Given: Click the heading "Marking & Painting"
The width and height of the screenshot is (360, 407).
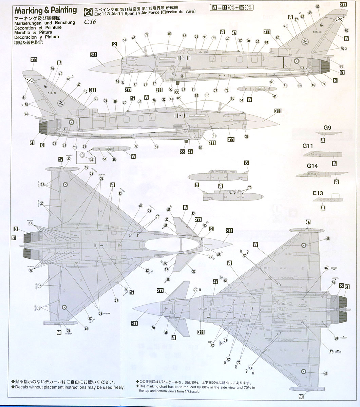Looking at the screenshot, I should [x=45, y=11].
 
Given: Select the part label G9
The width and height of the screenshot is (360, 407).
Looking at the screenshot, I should [x=327, y=128].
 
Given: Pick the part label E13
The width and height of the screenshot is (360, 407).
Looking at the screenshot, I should [x=318, y=193].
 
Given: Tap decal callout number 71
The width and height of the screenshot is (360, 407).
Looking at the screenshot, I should [x=147, y=35].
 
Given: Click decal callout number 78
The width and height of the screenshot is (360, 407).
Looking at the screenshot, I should [x=116, y=301].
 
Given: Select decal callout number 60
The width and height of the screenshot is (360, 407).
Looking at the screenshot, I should [x=153, y=328].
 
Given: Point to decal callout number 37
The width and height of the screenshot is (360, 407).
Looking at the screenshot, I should [x=91, y=160].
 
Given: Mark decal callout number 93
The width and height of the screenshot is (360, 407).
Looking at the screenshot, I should [x=341, y=66].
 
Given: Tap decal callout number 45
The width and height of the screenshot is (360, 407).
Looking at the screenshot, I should [x=114, y=160].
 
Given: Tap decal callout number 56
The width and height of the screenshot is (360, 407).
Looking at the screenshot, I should [x=166, y=332].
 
